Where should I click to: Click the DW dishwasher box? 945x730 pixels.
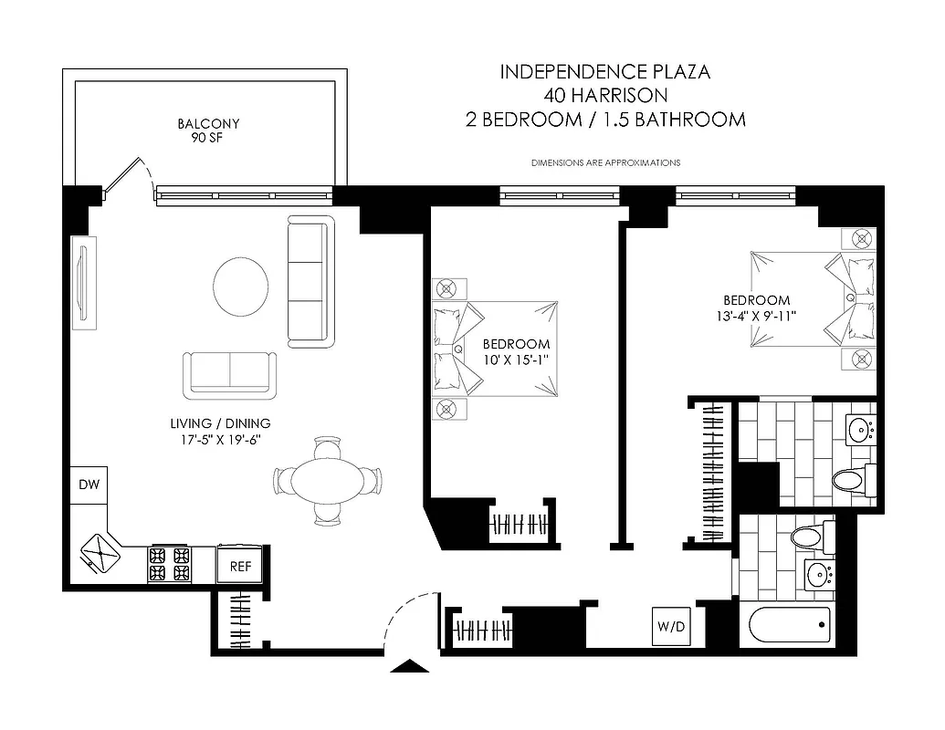coord(89,485)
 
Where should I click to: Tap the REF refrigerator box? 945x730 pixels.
coord(240,566)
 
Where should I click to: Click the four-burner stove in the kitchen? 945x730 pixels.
coord(169,564)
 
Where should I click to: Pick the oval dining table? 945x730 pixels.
coord(327,481)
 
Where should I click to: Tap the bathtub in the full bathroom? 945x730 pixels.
coord(790,626)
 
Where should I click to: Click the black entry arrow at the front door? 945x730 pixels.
coord(410,666)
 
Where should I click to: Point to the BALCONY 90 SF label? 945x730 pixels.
coord(208,130)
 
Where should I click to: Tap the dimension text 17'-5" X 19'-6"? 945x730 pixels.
coord(220,439)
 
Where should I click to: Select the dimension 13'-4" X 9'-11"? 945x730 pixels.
coord(757,316)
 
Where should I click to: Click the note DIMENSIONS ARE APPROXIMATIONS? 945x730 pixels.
coord(605,162)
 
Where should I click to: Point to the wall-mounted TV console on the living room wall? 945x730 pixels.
coord(82,281)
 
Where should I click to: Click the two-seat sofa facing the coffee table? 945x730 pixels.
coord(229,374)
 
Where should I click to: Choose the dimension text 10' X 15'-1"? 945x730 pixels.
coord(516,360)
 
